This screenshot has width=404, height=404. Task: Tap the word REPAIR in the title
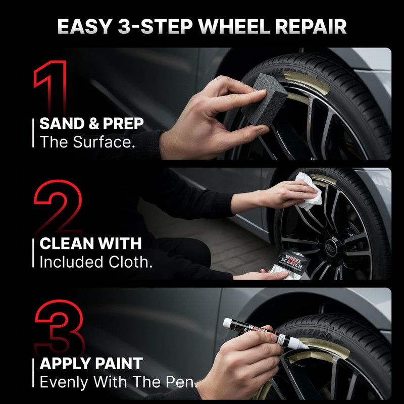pos(316,26)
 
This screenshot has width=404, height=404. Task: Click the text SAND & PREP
pos(91,124)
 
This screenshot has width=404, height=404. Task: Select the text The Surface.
pos(87,142)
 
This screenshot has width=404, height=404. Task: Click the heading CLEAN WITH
pos(90,244)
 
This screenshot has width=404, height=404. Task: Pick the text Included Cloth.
pos(95,262)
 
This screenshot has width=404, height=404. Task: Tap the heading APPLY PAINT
pos(91,363)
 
